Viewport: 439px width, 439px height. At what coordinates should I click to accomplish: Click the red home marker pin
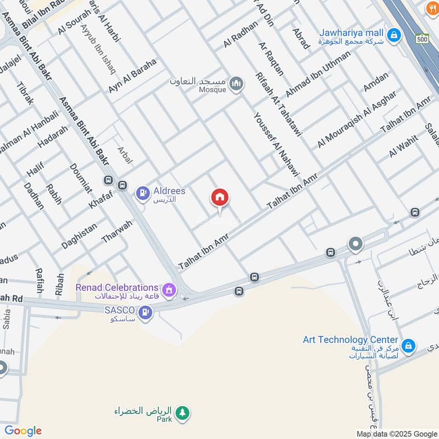pyautogui.click(x=220, y=198)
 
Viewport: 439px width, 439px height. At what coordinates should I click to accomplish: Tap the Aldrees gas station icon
pyautogui.click(x=143, y=193)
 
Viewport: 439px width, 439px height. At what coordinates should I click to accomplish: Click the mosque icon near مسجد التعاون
pyautogui.click(x=237, y=83)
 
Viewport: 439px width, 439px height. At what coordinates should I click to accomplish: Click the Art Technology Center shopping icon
pyautogui.click(x=408, y=346)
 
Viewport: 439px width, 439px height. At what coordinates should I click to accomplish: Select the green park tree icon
pyautogui.click(x=182, y=412)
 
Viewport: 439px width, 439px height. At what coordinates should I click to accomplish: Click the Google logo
pyautogui.click(x=23, y=431)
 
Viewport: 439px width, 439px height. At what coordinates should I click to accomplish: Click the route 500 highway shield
pyautogui.click(x=421, y=40)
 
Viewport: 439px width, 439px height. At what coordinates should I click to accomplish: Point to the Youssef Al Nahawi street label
pyautogui.click(x=277, y=144)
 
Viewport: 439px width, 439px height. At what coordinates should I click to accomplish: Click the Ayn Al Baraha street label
pyautogui.click(x=132, y=75)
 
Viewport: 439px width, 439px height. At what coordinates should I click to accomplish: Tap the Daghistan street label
pyautogui.click(x=80, y=235)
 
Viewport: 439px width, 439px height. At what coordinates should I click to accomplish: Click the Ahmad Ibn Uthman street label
pyautogui.click(x=318, y=74)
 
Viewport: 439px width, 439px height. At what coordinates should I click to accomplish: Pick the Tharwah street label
pyautogui.click(x=117, y=232)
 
